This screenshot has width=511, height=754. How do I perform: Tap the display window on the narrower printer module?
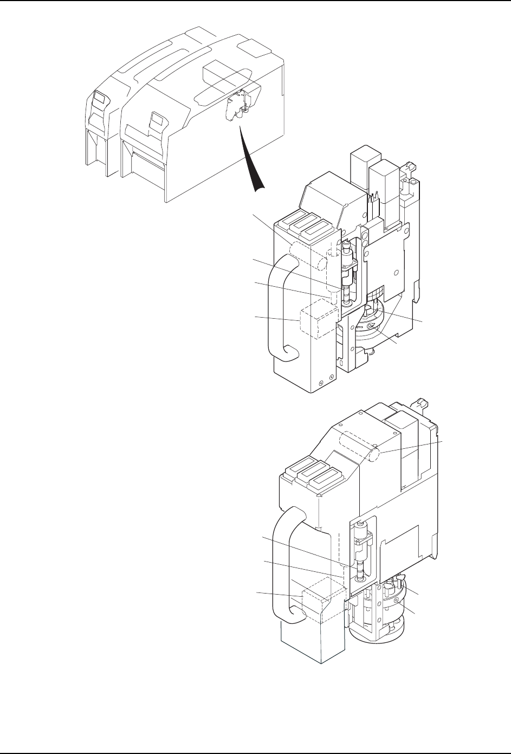(100, 98)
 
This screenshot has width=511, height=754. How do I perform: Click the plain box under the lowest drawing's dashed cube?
(311, 642)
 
